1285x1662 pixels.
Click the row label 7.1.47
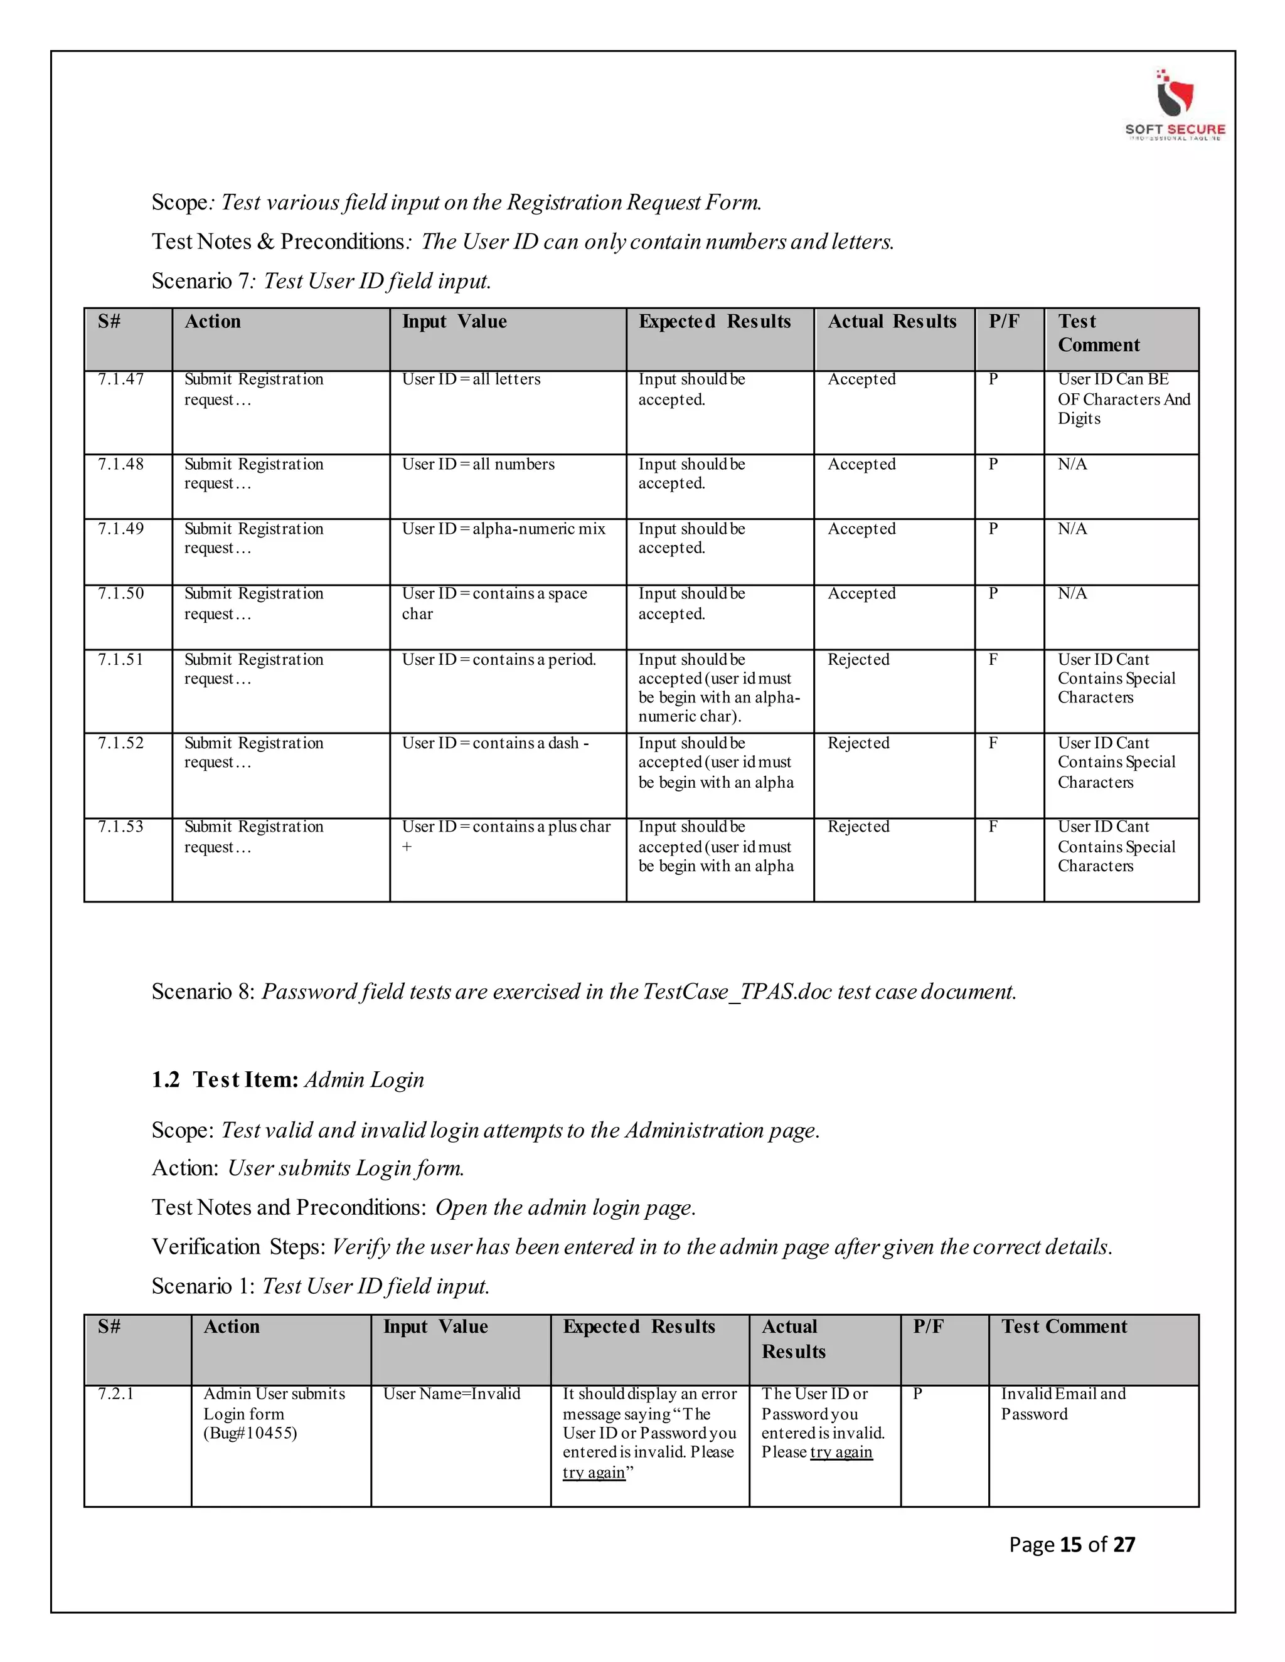[x=120, y=379]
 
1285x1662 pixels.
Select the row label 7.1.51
[x=120, y=660]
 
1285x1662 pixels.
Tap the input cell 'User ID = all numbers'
[x=478, y=464]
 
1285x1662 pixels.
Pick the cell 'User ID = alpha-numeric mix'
[x=503, y=529]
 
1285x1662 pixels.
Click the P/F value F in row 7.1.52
[x=993, y=743]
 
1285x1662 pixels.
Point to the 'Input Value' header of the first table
[x=454, y=322]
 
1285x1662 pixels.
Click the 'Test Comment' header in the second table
[x=1064, y=1326]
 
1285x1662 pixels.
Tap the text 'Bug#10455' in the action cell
[x=250, y=1434]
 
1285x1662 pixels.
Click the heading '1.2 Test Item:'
[x=225, y=1080]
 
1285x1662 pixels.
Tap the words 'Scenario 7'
[x=200, y=282]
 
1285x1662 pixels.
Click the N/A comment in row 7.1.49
[x=1072, y=529]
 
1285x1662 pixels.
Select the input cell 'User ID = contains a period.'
[x=499, y=660]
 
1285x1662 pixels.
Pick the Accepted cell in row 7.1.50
[x=861, y=593]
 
